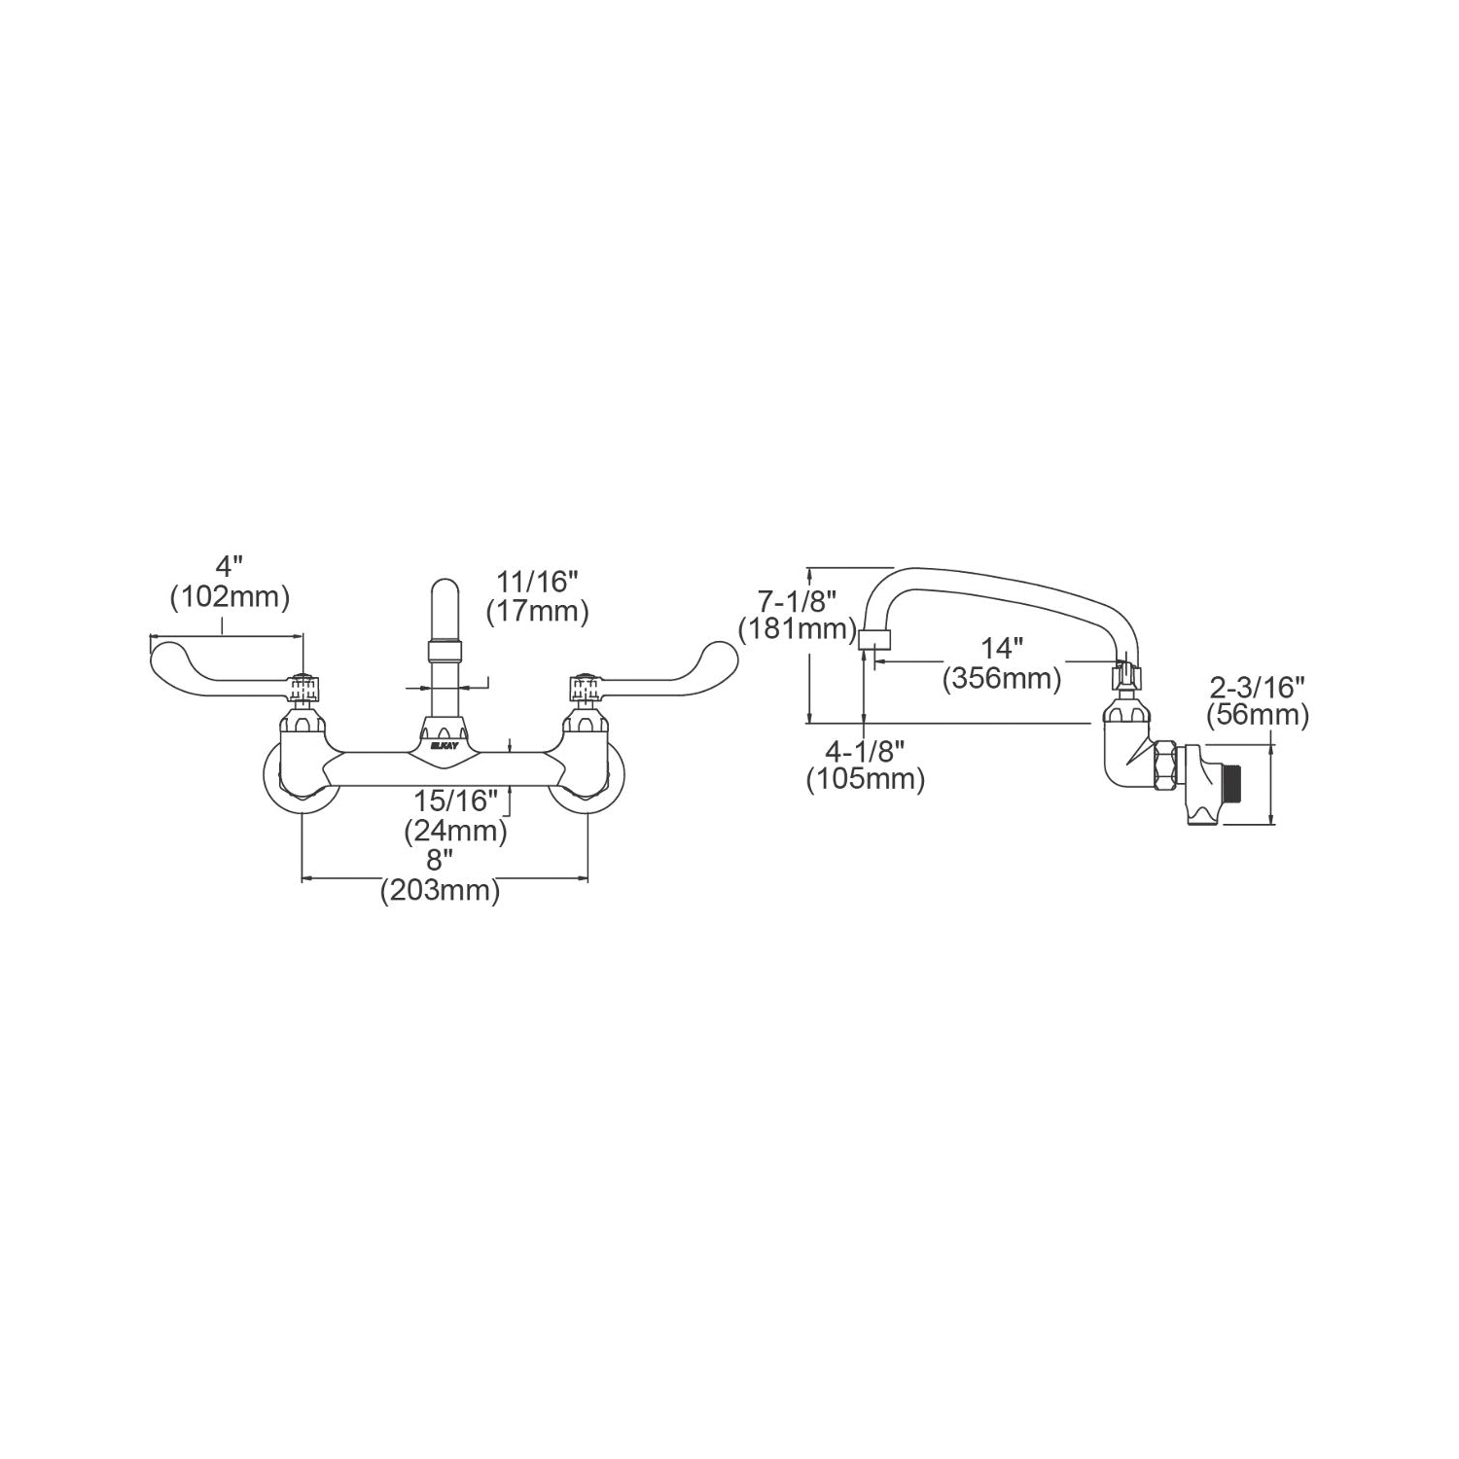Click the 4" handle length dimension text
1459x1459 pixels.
tap(230, 565)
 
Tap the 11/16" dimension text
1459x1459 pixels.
tap(537, 581)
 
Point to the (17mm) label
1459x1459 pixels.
tap(537, 611)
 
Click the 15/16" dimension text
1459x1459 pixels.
tap(456, 801)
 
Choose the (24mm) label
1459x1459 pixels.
tap(456, 831)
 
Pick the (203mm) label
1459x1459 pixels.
tap(440, 890)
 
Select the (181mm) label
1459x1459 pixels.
tap(797, 628)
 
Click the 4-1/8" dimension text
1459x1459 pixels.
tap(866, 749)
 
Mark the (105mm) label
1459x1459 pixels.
tap(866, 779)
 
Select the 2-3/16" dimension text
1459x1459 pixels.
tap(1257, 688)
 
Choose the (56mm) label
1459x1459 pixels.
tap(1257, 717)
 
